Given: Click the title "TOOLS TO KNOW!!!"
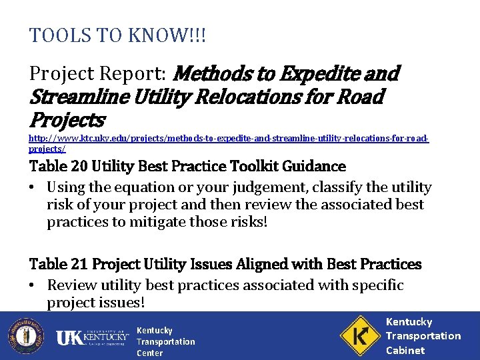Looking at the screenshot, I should [x=118, y=35].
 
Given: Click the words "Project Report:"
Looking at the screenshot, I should [x=98, y=73].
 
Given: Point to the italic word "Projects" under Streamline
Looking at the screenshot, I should [x=67, y=121].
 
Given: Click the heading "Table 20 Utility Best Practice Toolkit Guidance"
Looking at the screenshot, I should [x=187, y=166].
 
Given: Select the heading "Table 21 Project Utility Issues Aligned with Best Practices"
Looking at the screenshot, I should [x=225, y=264].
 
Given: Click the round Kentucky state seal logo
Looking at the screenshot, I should [x=25, y=336].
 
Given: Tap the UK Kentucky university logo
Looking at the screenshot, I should [x=91, y=337].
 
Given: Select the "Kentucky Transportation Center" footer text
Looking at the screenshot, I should [x=165, y=341].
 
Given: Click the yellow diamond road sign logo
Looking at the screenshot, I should [x=360, y=335].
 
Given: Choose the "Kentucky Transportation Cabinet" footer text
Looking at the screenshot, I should [x=423, y=336].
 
